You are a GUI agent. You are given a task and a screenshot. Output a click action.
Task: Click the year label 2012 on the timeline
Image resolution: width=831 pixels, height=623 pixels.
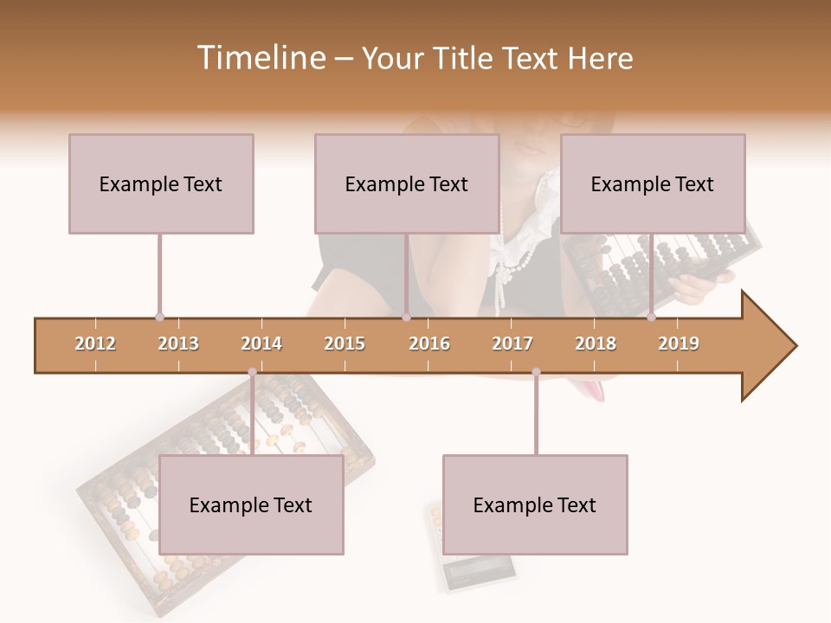click(x=95, y=344)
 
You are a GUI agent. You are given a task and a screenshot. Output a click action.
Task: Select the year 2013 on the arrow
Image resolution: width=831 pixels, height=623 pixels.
click(x=178, y=344)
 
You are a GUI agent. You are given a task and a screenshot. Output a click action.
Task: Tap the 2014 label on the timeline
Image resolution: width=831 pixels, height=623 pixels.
click(x=261, y=344)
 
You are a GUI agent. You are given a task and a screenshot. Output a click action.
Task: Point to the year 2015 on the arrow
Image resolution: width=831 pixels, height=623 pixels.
click(x=345, y=344)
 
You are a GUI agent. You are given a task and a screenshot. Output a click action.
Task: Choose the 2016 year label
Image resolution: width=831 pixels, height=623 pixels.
click(x=429, y=344)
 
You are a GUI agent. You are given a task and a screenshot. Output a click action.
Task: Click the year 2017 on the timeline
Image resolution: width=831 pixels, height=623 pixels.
click(x=512, y=344)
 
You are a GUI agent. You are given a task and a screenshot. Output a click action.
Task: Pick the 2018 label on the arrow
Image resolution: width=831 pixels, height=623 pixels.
click(x=596, y=344)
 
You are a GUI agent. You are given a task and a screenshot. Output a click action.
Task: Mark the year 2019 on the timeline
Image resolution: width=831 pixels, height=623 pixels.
click(x=679, y=344)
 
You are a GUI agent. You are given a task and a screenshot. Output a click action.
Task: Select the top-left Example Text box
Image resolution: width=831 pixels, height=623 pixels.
click(x=161, y=183)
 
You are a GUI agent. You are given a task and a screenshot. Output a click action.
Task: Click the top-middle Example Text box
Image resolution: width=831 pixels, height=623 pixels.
click(x=407, y=183)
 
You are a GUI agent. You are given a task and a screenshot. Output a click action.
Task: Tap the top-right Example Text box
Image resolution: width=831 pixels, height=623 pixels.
click(x=653, y=183)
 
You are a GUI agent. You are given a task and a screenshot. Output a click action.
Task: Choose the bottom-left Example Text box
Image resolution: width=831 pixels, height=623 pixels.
click(x=251, y=505)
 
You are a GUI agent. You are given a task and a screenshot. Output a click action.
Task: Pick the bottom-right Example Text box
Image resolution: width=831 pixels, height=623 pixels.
click(x=535, y=505)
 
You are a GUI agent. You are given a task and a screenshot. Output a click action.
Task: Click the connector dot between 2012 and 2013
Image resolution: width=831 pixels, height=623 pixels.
click(x=159, y=318)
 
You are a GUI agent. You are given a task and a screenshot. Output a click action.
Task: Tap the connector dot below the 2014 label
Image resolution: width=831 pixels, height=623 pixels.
click(x=252, y=372)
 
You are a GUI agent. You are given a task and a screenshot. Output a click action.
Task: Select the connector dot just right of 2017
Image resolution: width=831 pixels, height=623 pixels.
click(x=536, y=372)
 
